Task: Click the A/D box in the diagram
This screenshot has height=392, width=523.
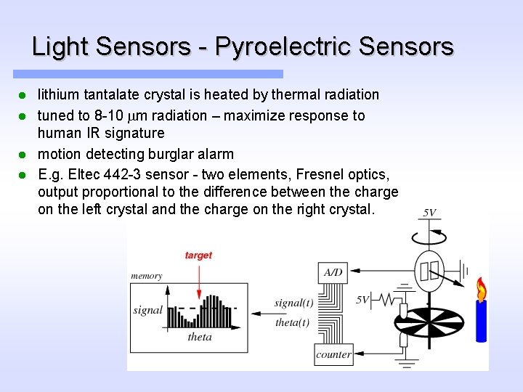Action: pos(333,272)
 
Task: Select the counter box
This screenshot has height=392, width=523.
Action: pos(333,355)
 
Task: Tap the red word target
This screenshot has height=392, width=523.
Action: pos(198,255)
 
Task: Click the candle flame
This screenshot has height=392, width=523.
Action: pos(480,290)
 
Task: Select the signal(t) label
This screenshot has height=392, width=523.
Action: pos(293,303)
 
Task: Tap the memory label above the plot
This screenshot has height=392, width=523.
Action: pos(146,276)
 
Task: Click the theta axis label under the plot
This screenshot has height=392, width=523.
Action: pos(200,337)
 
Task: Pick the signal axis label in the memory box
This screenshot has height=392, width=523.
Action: pos(147,310)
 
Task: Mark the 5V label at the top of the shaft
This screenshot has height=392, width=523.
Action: pos(429,213)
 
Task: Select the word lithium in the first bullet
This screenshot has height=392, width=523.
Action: pos(59,94)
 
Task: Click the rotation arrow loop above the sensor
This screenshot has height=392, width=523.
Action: pos(429,234)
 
